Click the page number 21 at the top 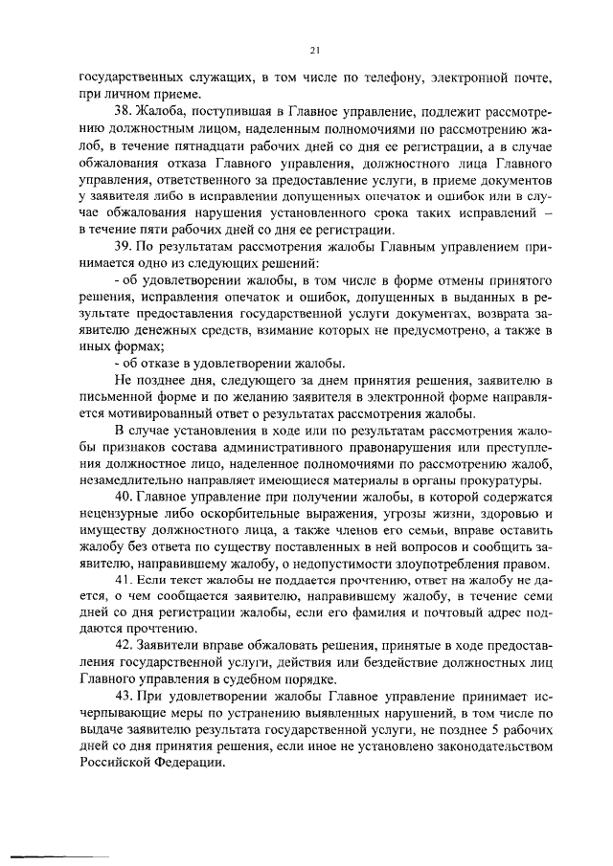pos(314,50)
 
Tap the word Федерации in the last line pos(188,761)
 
